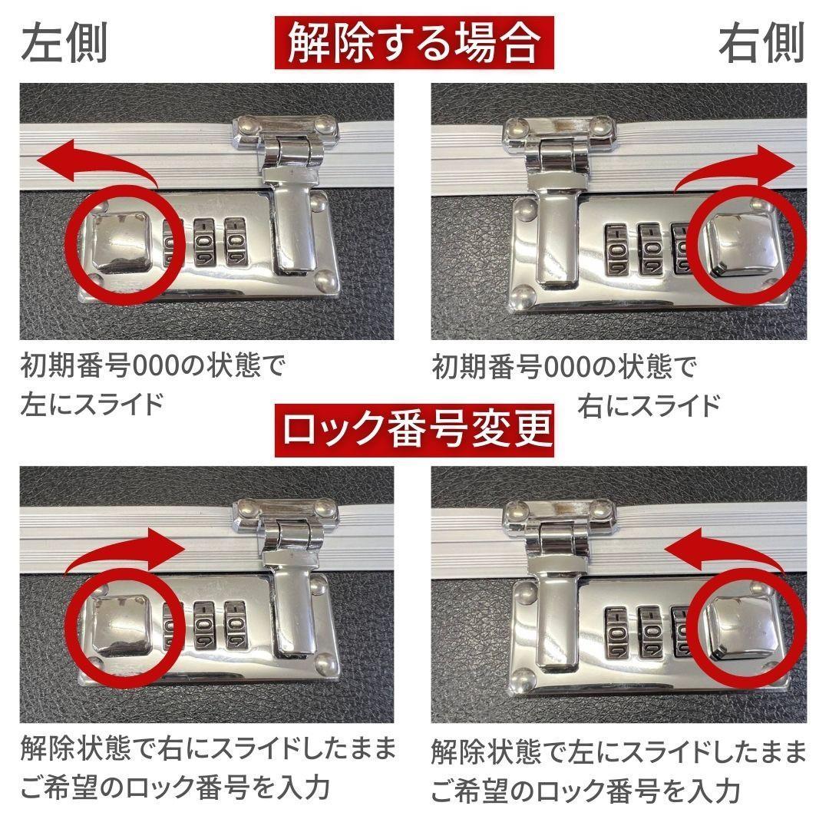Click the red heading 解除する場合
(414, 43)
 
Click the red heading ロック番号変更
(414, 431)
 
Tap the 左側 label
(64, 43)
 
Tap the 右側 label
(761, 43)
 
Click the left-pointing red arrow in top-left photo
(92, 157)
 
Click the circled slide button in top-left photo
(124, 243)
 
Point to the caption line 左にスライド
(92, 403)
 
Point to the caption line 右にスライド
(649, 403)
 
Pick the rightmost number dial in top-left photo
(236, 239)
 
